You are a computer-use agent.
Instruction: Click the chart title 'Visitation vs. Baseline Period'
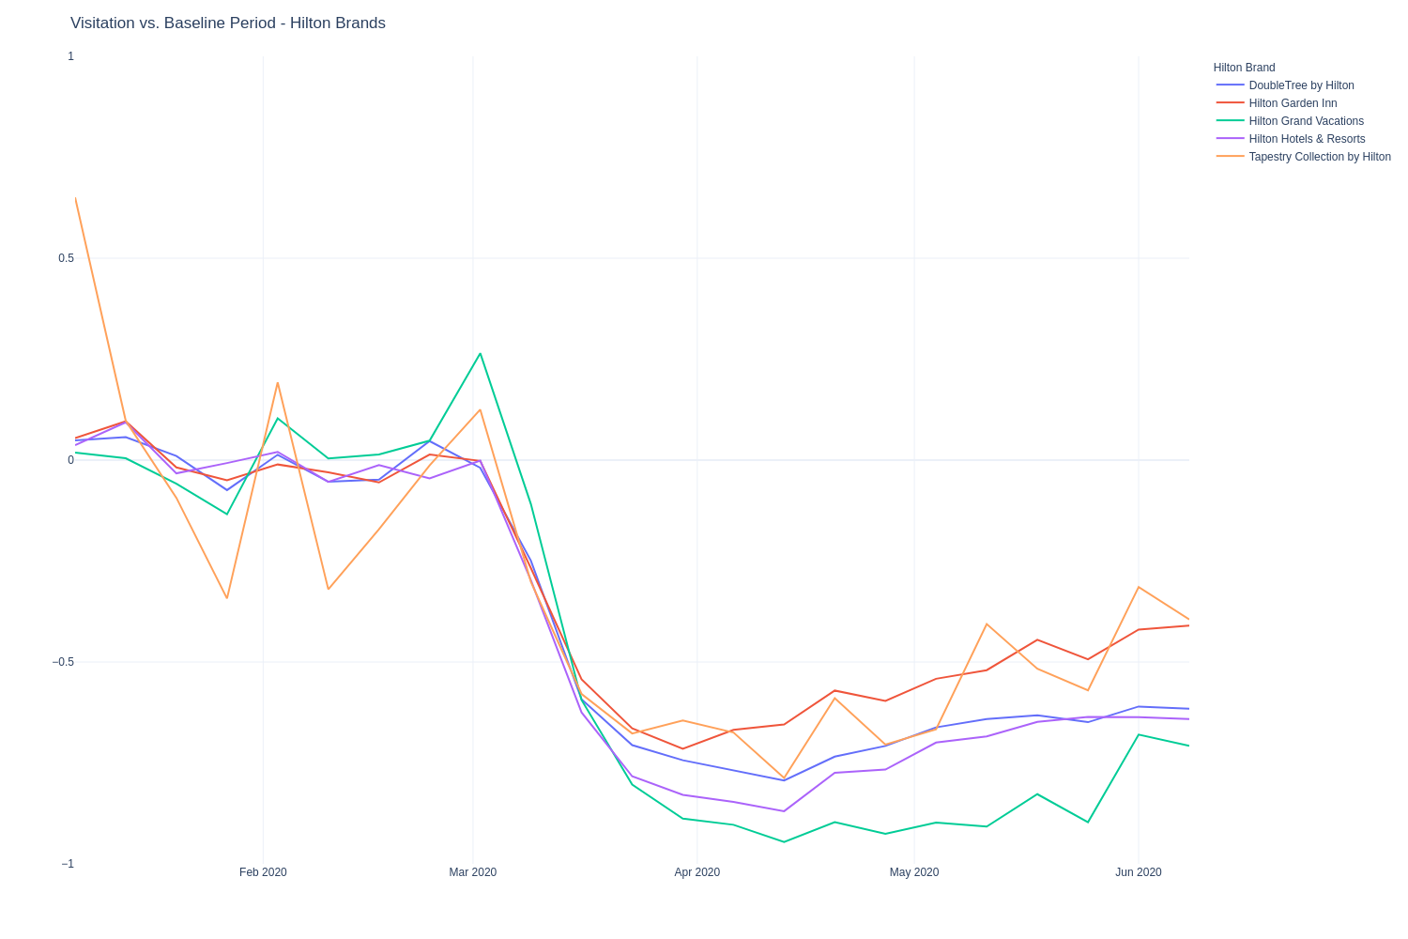[227, 23]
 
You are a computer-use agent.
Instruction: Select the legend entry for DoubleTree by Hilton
[1301, 85]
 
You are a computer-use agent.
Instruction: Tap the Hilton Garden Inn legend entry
[1293, 103]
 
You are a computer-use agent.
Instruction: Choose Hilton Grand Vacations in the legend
[1306, 121]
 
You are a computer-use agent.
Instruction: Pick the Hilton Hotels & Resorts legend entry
[1307, 139]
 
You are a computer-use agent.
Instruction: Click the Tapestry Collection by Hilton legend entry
[1319, 157]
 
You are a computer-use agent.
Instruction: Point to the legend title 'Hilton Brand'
[1244, 68]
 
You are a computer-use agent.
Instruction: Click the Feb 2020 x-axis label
[263, 872]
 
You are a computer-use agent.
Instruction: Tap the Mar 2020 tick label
[473, 872]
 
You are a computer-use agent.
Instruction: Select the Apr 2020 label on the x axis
[696, 872]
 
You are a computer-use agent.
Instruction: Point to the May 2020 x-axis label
[914, 872]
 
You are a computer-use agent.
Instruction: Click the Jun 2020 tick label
[1138, 872]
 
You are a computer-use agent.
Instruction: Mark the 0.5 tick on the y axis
[66, 258]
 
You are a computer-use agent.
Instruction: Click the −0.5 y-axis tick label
[63, 662]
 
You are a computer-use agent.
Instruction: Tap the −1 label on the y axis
[68, 864]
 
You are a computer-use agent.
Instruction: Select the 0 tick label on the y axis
[70, 460]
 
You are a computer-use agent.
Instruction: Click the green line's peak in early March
[480, 353]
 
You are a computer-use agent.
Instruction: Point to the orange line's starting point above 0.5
[75, 197]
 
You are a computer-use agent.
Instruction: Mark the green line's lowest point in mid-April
[784, 841]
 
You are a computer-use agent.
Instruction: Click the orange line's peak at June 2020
[1139, 587]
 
